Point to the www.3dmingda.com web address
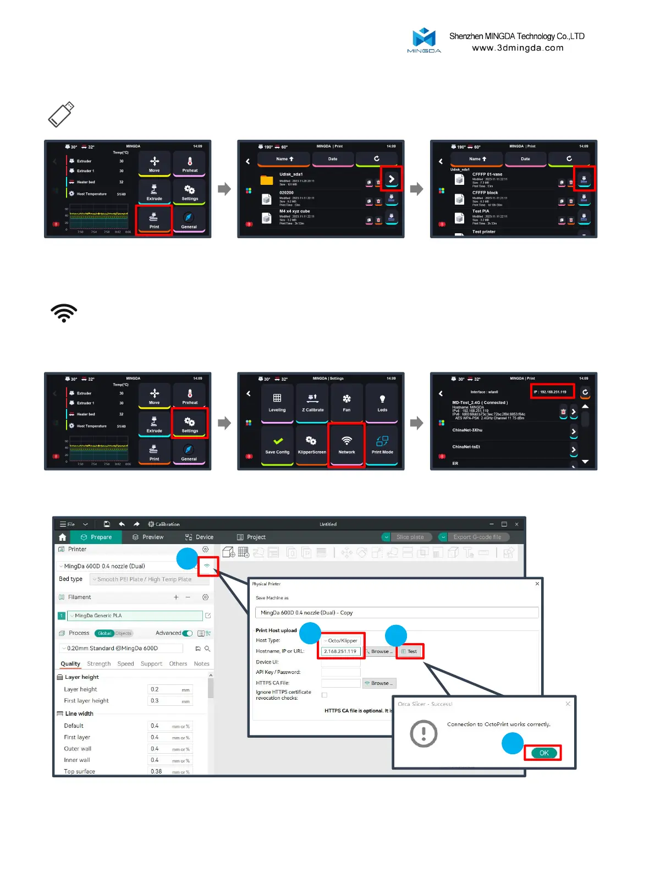[x=518, y=48]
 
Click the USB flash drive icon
[x=61, y=114]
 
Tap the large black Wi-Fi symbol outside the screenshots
[x=64, y=312]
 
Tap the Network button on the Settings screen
[x=346, y=444]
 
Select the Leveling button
[x=277, y=403]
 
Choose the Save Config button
[x=277, y=444]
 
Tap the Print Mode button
[x=382, y=444]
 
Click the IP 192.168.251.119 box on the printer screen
[x=553, y=392]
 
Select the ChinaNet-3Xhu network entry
[x=467, y=430]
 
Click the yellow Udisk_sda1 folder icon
[x=267, y=180]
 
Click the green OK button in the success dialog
[x=543, y=753]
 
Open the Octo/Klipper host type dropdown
[x=342, y=640]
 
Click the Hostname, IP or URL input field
[x=341, y=651]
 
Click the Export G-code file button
[x=477, y=537]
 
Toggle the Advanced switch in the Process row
[x=188, y=633]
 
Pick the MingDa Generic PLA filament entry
[x=135, y=616]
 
